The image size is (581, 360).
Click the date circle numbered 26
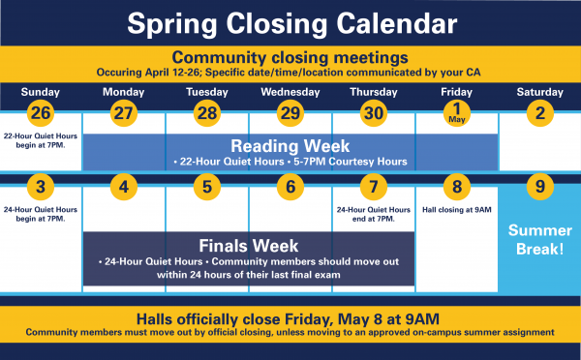41,113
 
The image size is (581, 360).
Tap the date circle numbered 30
374,113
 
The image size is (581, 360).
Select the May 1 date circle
457,113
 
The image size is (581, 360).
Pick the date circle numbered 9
540,187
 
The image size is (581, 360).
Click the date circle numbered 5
207,187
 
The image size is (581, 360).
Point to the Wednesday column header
290,92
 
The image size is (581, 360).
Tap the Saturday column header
540,92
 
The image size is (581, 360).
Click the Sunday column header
41,92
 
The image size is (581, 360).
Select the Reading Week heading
290,146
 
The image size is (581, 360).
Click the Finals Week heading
249,246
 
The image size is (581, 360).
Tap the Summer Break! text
540,240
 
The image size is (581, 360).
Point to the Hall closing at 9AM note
457,210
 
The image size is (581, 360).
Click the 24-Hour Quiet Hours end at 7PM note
374,214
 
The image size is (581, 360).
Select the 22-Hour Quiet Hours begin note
41,140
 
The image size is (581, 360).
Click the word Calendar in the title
397,23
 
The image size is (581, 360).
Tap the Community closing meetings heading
290,58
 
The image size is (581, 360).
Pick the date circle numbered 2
540,113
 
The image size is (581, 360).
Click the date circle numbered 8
457,187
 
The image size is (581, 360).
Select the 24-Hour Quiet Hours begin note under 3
41,214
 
